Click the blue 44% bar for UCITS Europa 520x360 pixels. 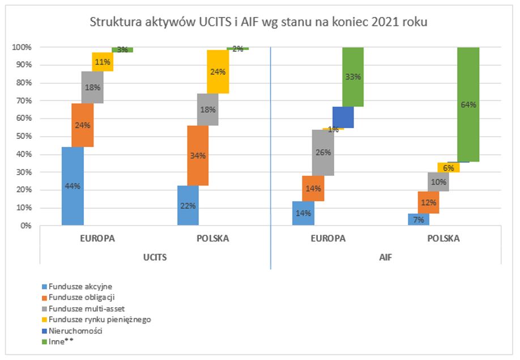[73, 186]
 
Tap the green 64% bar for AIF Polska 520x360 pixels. [468, 104]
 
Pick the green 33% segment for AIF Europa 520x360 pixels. [353, 77]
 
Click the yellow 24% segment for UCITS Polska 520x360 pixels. [218, 71]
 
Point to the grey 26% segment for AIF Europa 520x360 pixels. [322, 153]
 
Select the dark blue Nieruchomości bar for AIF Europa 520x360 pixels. [343, 117]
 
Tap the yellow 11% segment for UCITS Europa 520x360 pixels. [103, 62]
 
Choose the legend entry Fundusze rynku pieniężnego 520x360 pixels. [96, 319]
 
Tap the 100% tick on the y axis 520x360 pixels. [23, 47]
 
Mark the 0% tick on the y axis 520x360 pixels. [27, 226]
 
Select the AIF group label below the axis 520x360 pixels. [385, 257]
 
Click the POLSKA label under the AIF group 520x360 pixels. [443, 239]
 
